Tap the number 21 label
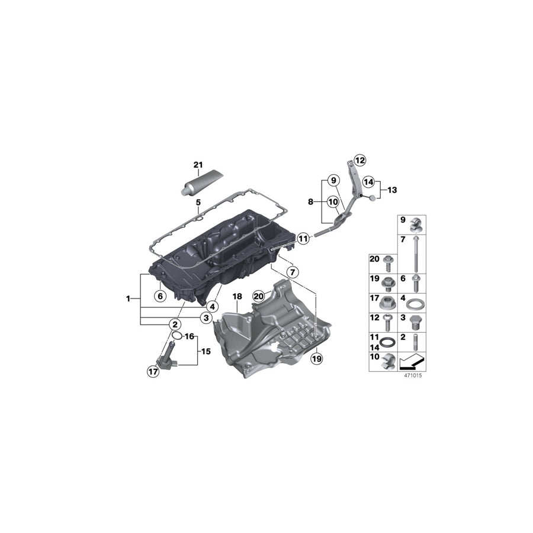coord(198,165)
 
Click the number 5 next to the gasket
coord(198,203)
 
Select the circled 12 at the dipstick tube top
coord(360,159)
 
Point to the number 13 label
coord(391,190)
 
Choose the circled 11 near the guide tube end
coord(303,239)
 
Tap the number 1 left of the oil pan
coord(128,299)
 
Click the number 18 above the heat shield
coord(237,296)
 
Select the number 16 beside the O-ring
coord(190,336)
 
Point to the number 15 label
coord(206,351)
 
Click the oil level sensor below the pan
coord(167,357)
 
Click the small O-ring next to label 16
coord(176,337)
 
